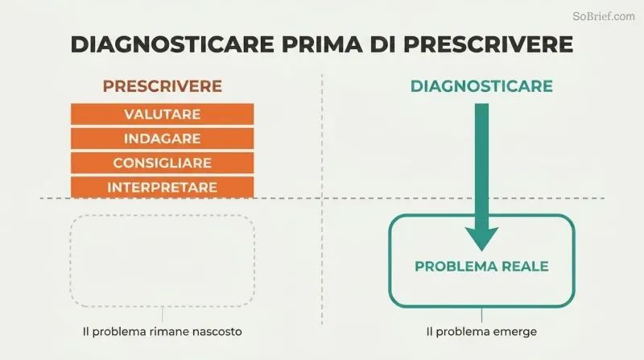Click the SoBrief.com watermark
tap(603, 16)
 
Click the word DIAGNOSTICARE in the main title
tap(172, 44)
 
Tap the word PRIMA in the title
tap(323, 44)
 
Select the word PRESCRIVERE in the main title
tap(489, 44)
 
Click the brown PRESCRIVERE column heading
tap(163, 86)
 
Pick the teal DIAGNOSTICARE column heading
tap(481, 86)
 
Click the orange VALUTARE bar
tap(163, 114)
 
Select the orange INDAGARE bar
tap(163, 139)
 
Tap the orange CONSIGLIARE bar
tap(163, 163)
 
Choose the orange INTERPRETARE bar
tap(163, 187)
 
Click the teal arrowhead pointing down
tap(481, 238)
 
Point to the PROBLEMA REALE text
tap(481, 267)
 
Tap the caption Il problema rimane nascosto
tap(163, 332)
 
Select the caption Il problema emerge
tap(481, 332)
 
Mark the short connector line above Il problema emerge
tap(481, 315)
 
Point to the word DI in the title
tap(383, 44)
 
